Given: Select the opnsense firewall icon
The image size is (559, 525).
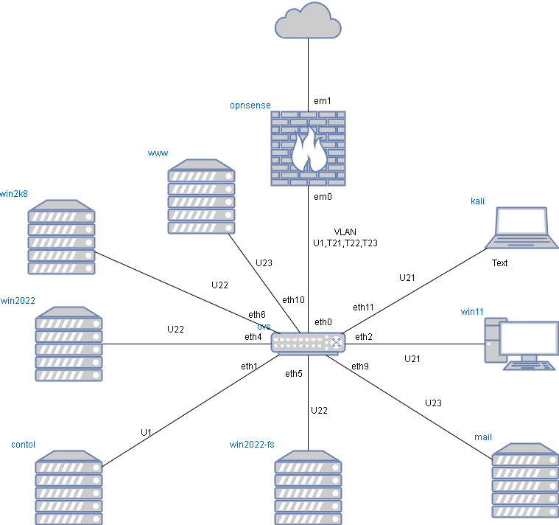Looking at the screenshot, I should coord(308,148).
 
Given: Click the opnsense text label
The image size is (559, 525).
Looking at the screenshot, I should coord(250,105).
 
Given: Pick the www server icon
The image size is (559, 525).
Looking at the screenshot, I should coord(201,197).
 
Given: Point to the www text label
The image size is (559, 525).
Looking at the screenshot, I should coord(158,153).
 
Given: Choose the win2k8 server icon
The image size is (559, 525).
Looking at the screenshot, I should coord(61,237).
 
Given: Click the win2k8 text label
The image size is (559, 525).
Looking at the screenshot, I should coord(14,194).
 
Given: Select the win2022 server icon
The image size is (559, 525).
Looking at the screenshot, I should coord(68,344).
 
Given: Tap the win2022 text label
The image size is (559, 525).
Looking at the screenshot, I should coord(18,300).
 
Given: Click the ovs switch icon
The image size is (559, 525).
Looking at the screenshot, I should coord(308,343).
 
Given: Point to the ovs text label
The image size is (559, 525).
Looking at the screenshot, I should coord(264,327).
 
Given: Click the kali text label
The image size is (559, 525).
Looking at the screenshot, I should coord(478,201).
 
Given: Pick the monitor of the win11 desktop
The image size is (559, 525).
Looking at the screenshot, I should coord(529,339).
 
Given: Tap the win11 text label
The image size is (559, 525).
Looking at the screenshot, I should coord(473,312).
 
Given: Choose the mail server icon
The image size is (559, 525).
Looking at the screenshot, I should coord(525,480).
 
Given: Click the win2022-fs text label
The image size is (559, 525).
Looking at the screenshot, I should coord(252,444).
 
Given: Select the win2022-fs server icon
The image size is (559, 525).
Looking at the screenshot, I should coord(308,487).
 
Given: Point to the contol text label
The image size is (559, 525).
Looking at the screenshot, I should coord(24,445).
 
